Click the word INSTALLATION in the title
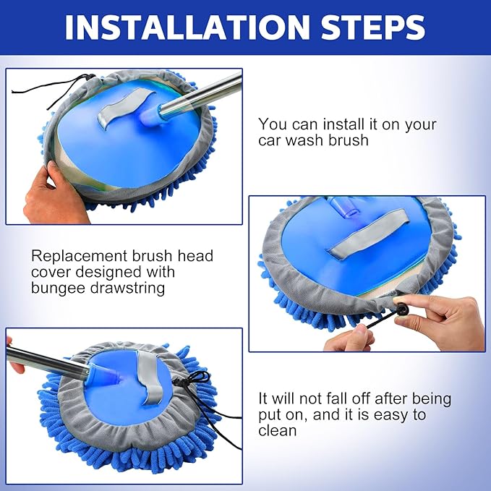tap(187, 27)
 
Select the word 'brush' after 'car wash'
tap(349, 140)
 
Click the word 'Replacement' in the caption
tap(79, 256)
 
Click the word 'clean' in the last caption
tap(278, 430)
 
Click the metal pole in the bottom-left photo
tap(47, 362)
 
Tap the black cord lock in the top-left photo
tap(91, 77)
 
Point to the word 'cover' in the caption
tap(50, 272)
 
